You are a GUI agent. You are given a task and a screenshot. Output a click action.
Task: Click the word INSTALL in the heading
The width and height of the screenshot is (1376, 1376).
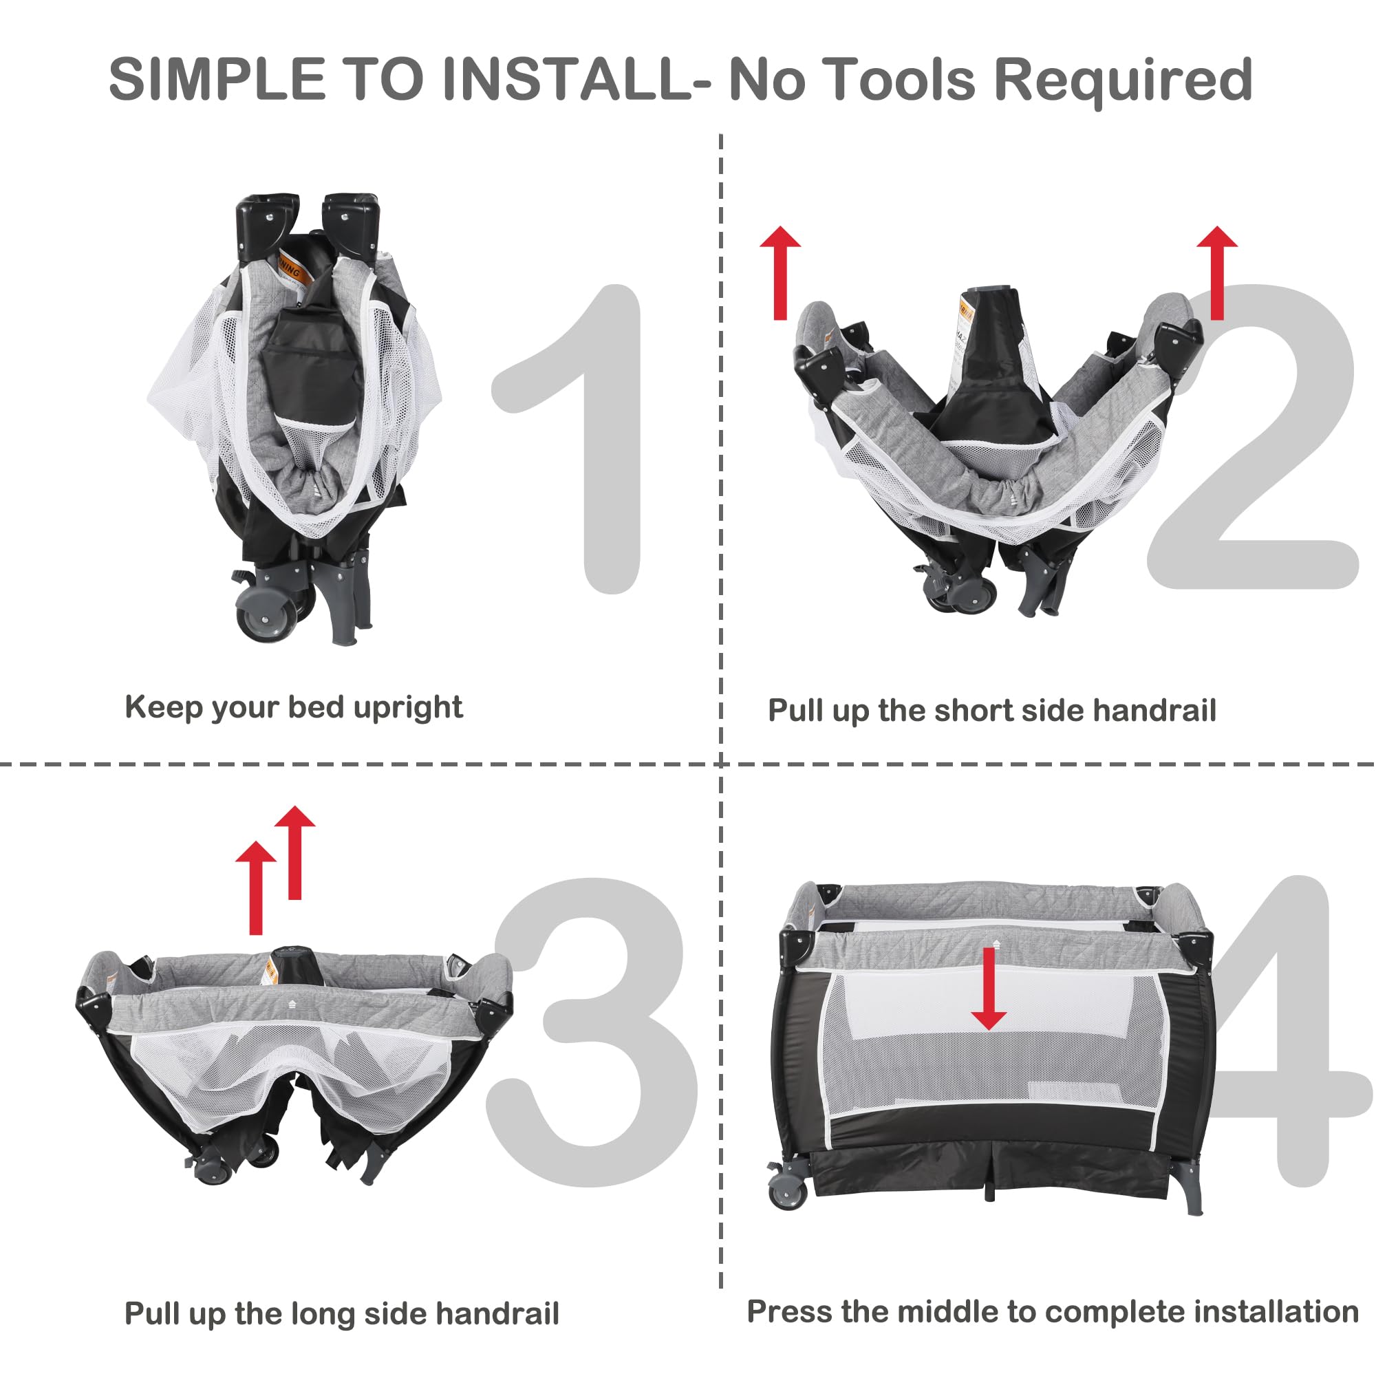[566, 79]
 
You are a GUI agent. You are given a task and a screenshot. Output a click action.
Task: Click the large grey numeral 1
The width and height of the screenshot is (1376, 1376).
[570, 439]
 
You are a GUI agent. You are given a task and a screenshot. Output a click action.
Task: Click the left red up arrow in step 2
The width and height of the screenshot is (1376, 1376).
[781, 272]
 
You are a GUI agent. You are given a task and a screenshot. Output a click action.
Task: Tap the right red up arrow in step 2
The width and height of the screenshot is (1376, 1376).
[1217, 272]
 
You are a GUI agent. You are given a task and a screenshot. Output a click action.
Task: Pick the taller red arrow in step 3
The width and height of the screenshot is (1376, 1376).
[295, 852]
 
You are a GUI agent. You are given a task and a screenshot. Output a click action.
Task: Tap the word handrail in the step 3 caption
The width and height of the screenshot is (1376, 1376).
[497, 1314]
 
